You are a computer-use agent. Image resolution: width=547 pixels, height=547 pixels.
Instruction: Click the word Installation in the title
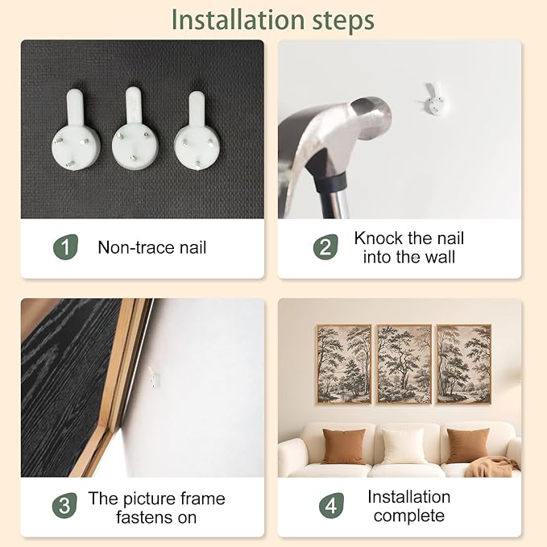coord(238,20)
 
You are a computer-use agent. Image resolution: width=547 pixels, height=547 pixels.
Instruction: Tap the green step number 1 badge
coord(65,247)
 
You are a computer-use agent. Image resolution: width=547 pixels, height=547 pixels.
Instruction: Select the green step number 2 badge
coord(325,247)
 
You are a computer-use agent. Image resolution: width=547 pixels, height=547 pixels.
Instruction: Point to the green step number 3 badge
coord(64,505)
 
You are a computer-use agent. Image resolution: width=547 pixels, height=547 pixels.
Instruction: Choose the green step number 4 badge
coord(331,505)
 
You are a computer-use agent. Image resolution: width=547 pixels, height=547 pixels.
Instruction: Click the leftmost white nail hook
coord(76,130)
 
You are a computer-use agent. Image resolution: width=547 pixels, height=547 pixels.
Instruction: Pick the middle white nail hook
coord(135,128)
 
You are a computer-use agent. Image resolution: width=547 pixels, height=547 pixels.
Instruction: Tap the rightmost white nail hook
coord(197,131)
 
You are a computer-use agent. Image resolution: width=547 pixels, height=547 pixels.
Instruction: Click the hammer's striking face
coord(371,118)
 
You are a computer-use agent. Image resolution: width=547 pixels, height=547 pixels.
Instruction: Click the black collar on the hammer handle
coord(330,182)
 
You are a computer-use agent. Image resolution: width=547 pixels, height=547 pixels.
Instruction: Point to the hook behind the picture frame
coord(154,376)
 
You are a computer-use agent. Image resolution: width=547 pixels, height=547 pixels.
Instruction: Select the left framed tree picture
coord(344,364)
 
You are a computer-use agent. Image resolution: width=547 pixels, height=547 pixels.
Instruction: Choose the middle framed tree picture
coord(404,364)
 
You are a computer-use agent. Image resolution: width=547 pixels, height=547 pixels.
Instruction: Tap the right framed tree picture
coord(464,364)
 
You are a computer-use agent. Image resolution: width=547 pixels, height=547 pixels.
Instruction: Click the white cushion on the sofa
coord(404,445)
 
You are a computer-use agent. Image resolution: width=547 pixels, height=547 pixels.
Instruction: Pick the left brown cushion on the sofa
coord(344,446)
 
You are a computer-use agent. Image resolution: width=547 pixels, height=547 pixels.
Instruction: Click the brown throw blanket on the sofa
coord(491,466)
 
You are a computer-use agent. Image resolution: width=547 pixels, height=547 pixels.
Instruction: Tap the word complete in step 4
coord(409,516)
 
